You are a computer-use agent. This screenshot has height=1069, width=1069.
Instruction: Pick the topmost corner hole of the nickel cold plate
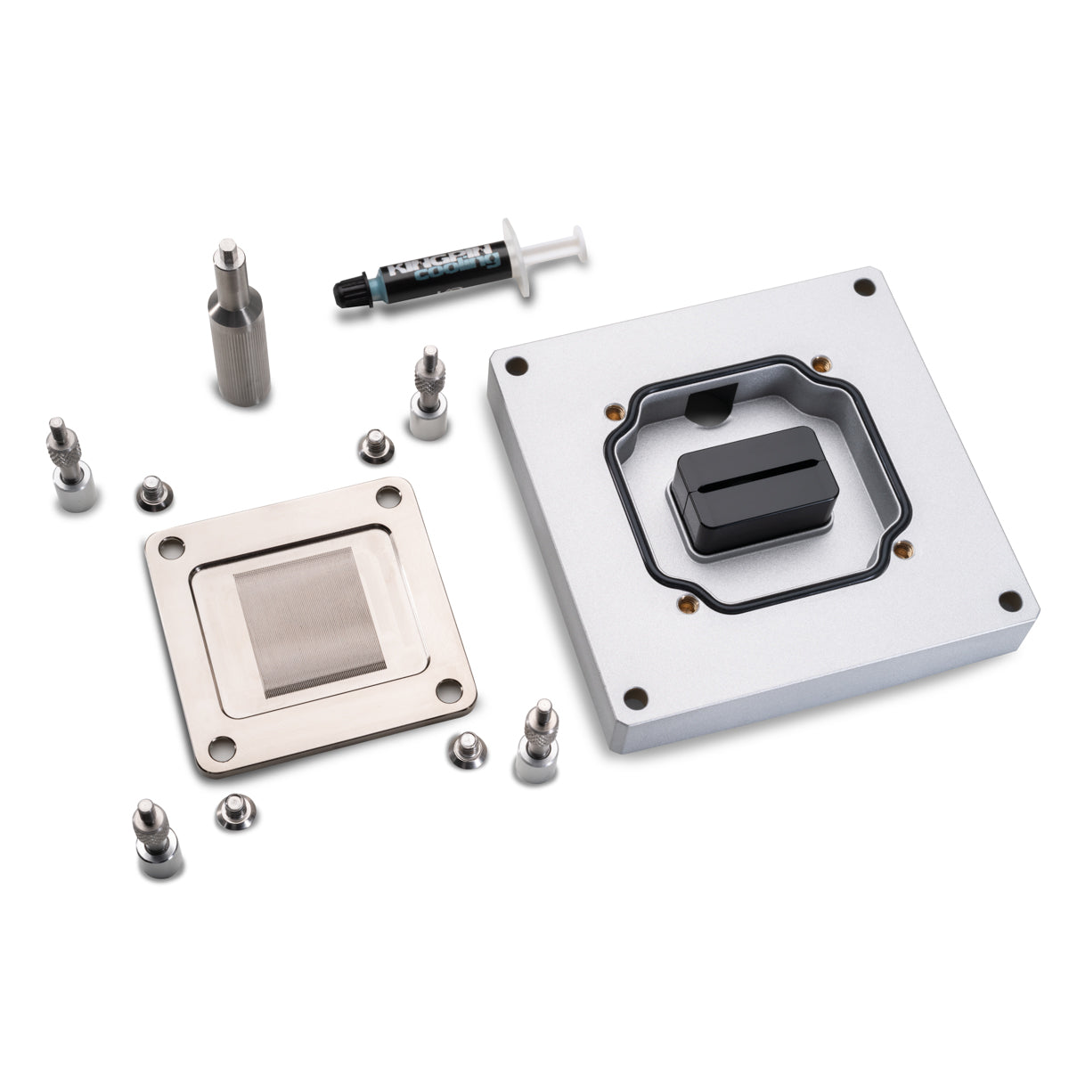(x=389, y=492)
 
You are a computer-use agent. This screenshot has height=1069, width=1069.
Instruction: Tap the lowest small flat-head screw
(x=233, y=812)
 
